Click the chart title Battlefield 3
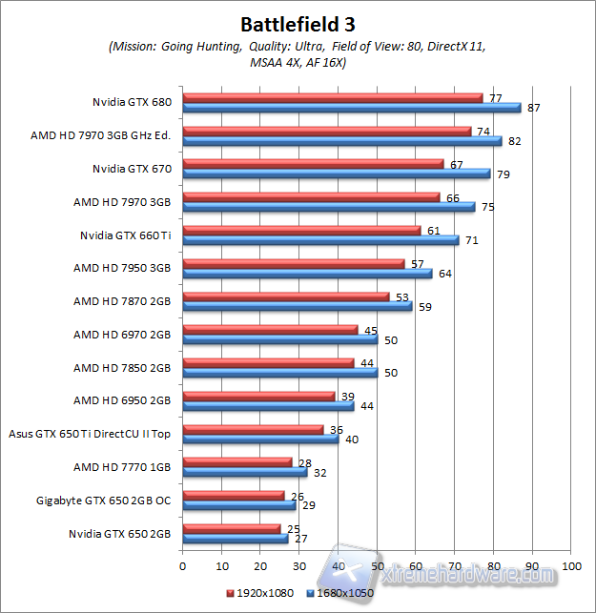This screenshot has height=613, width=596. coord(298,22)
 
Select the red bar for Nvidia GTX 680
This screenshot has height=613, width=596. coord(332,97)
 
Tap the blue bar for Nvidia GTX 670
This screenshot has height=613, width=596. coord(336,174)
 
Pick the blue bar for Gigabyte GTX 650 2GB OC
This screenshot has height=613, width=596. coord(238,505)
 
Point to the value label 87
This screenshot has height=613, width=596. coord(533,108)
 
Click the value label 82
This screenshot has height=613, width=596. coord(514,141)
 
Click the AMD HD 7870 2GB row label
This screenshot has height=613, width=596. coord(122,301)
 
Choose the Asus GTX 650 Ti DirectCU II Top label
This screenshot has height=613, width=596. coord(90,434)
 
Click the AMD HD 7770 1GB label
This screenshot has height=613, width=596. coord(122,467)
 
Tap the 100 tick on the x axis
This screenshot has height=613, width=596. coord(571,565)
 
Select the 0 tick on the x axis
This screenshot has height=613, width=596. coord(182,565)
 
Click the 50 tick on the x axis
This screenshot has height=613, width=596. coord(377,565)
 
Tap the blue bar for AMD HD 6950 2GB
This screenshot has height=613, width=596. coord(268,406)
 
